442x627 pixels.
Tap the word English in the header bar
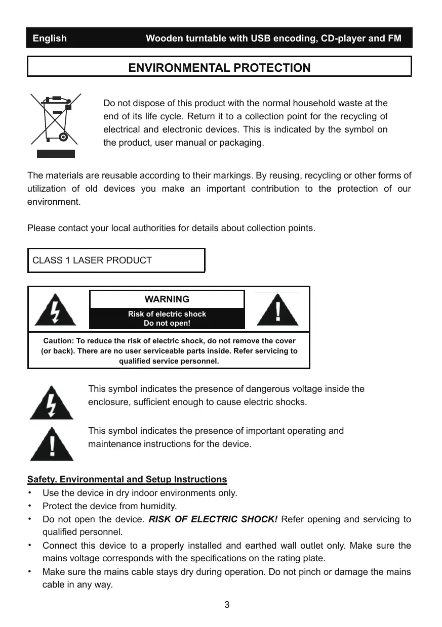click(50, 38)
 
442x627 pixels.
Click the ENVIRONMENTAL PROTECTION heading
click(219, 68)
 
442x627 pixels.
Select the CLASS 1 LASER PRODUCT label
click(92, 260)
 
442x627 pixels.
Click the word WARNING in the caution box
click(167, 299)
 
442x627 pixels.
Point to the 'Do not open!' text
click(167, 324)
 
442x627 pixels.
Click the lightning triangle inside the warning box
click(55, 310)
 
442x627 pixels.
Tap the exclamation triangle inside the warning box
click(277, 310)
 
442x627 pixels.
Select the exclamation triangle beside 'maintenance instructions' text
click(51, 444)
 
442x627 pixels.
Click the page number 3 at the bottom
click(227, 605)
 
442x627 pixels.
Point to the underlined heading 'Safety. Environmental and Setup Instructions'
click(127, 479)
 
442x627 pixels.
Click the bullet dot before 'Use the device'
click(30, 492)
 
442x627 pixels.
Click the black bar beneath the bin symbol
click(55, 153)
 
